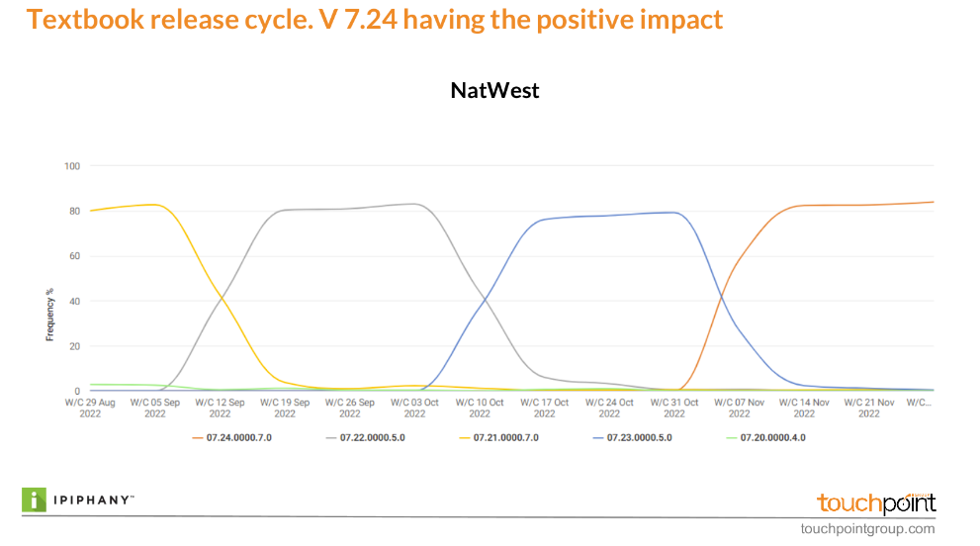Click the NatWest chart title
click(494, 91)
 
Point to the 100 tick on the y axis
click(71, 165)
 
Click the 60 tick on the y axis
click(73, 256)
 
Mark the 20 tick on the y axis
click(73, 346)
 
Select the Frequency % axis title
click(49, 315)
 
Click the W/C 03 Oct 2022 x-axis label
click(414, 408)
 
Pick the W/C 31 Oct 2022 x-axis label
click(674, 408)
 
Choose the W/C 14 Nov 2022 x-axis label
click(804, 408)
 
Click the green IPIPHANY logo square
click(36, 500)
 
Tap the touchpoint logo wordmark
click(876, 502)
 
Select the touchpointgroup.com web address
click(867, 529)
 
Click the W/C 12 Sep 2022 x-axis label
click(220, 408)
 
